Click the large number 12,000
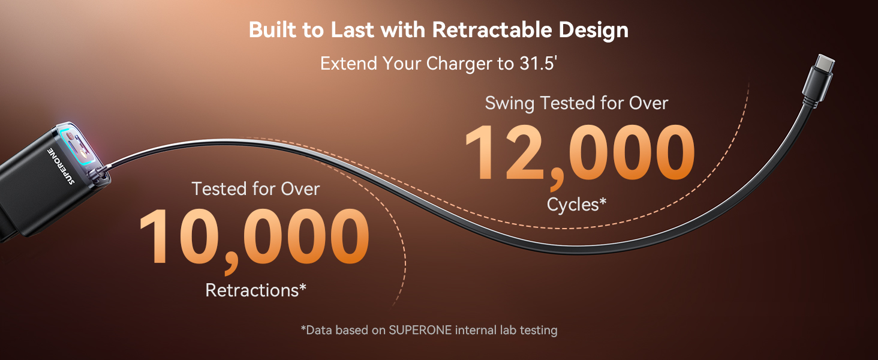coord(579,153)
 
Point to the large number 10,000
coord(254,237)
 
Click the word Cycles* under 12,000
coord(576,205)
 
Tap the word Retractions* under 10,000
coord(256,290)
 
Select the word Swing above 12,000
coord(509,103)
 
